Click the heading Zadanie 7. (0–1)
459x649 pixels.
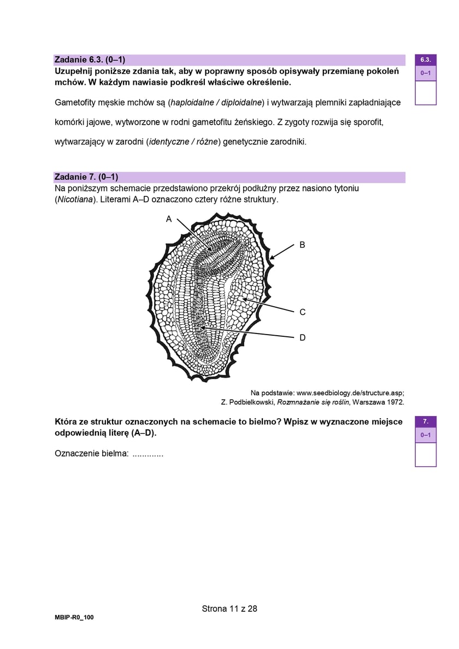click(86, 177)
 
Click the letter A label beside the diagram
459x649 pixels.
click(169, 219)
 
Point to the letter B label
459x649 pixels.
click(302, 245)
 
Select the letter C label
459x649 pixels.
click(302, 312)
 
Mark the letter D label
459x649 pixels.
click(302, 338)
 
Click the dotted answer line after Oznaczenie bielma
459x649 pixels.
click(148, 453)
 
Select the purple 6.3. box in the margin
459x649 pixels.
click(426, 60)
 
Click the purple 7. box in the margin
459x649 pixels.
click(426, 421)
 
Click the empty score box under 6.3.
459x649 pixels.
click(426, 92)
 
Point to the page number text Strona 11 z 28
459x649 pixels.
click(229, 608)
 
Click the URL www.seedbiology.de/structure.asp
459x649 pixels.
click(349, 393)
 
